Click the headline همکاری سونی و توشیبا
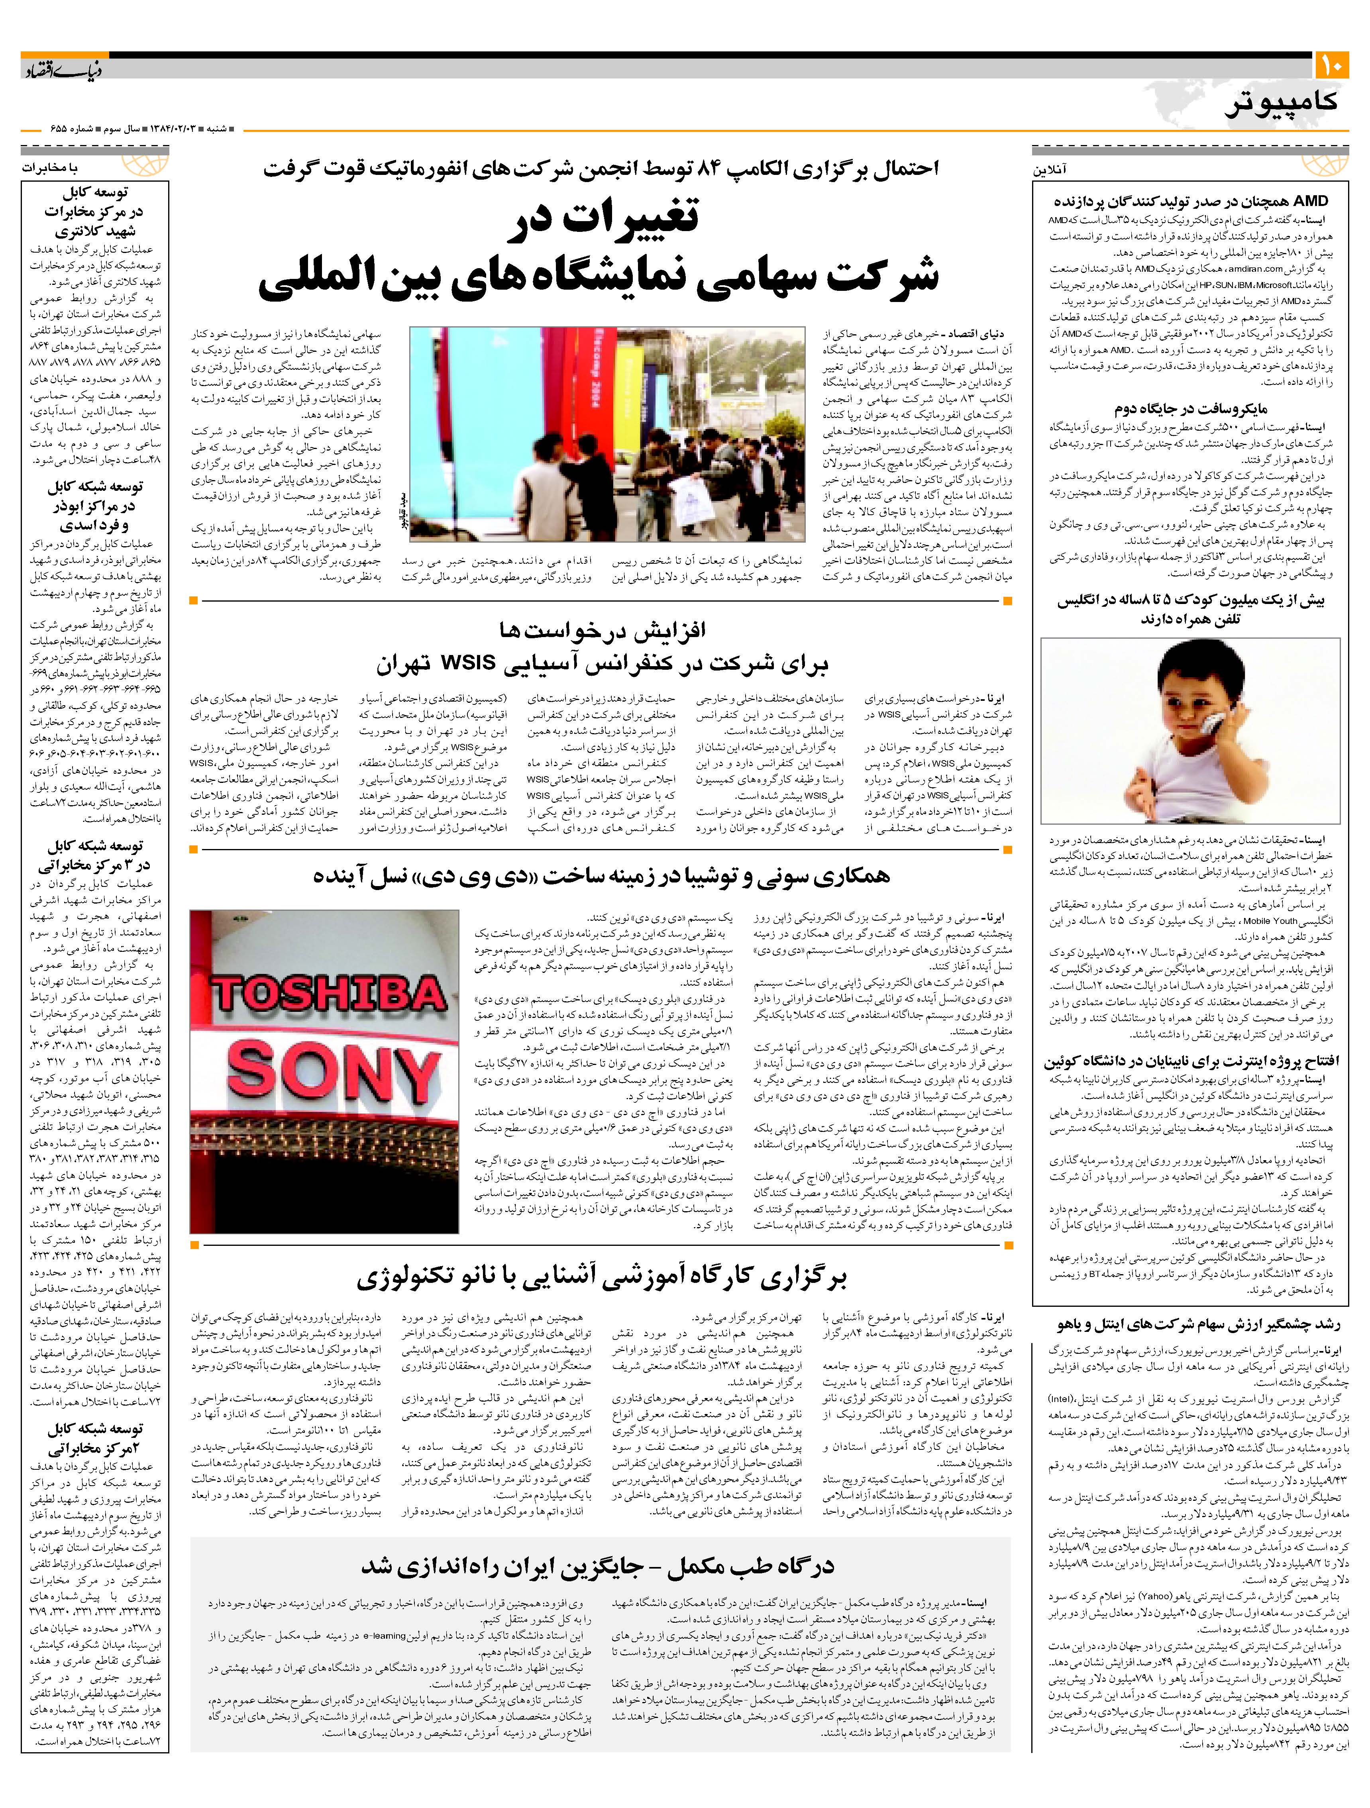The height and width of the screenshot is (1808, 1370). tap(601, 876)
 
